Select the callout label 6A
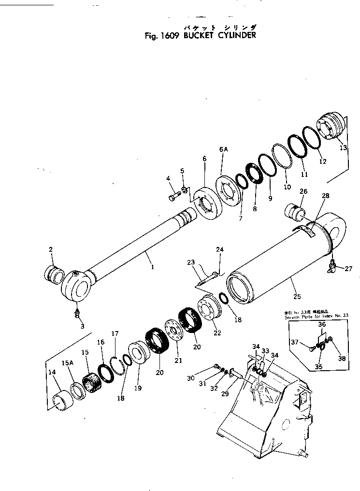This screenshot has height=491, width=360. (x=223, y=150)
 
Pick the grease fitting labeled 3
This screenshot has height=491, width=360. (x=77, y=314)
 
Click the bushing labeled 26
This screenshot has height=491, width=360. (x=294, y=212)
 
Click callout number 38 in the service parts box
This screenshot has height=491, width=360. (x=342, y=359)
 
